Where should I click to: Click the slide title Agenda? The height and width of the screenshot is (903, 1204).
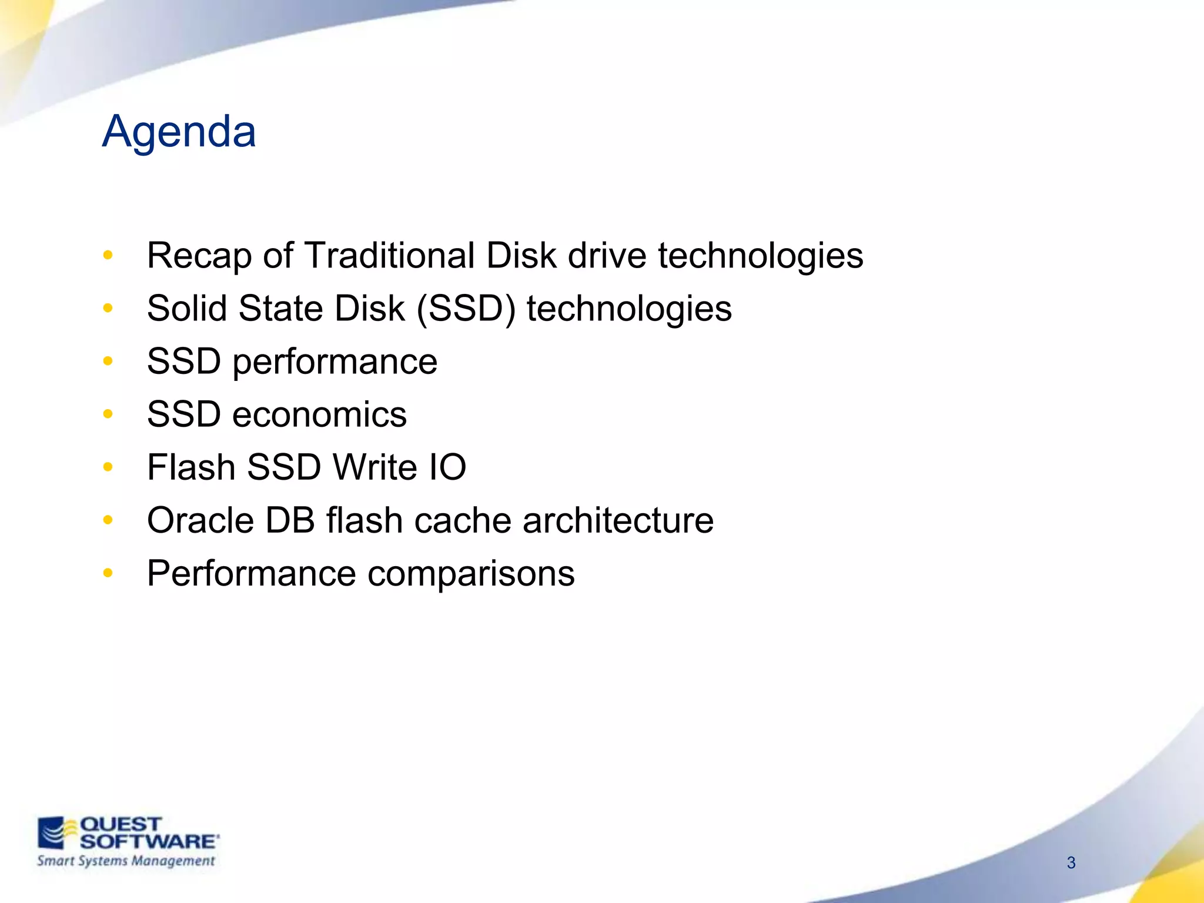[179, 132]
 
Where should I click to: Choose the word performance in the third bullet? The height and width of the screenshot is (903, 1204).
[335, 362]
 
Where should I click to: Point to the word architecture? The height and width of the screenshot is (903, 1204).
[618, 520]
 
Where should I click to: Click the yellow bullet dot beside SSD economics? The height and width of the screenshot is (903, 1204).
[108, 414]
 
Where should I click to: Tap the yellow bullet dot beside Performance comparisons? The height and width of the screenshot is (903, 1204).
[108, 573]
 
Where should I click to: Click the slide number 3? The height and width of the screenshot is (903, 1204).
[1071, 862]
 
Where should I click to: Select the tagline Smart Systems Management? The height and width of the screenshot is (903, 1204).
[126, 861]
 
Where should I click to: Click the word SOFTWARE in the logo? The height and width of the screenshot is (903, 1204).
[148, 841]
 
